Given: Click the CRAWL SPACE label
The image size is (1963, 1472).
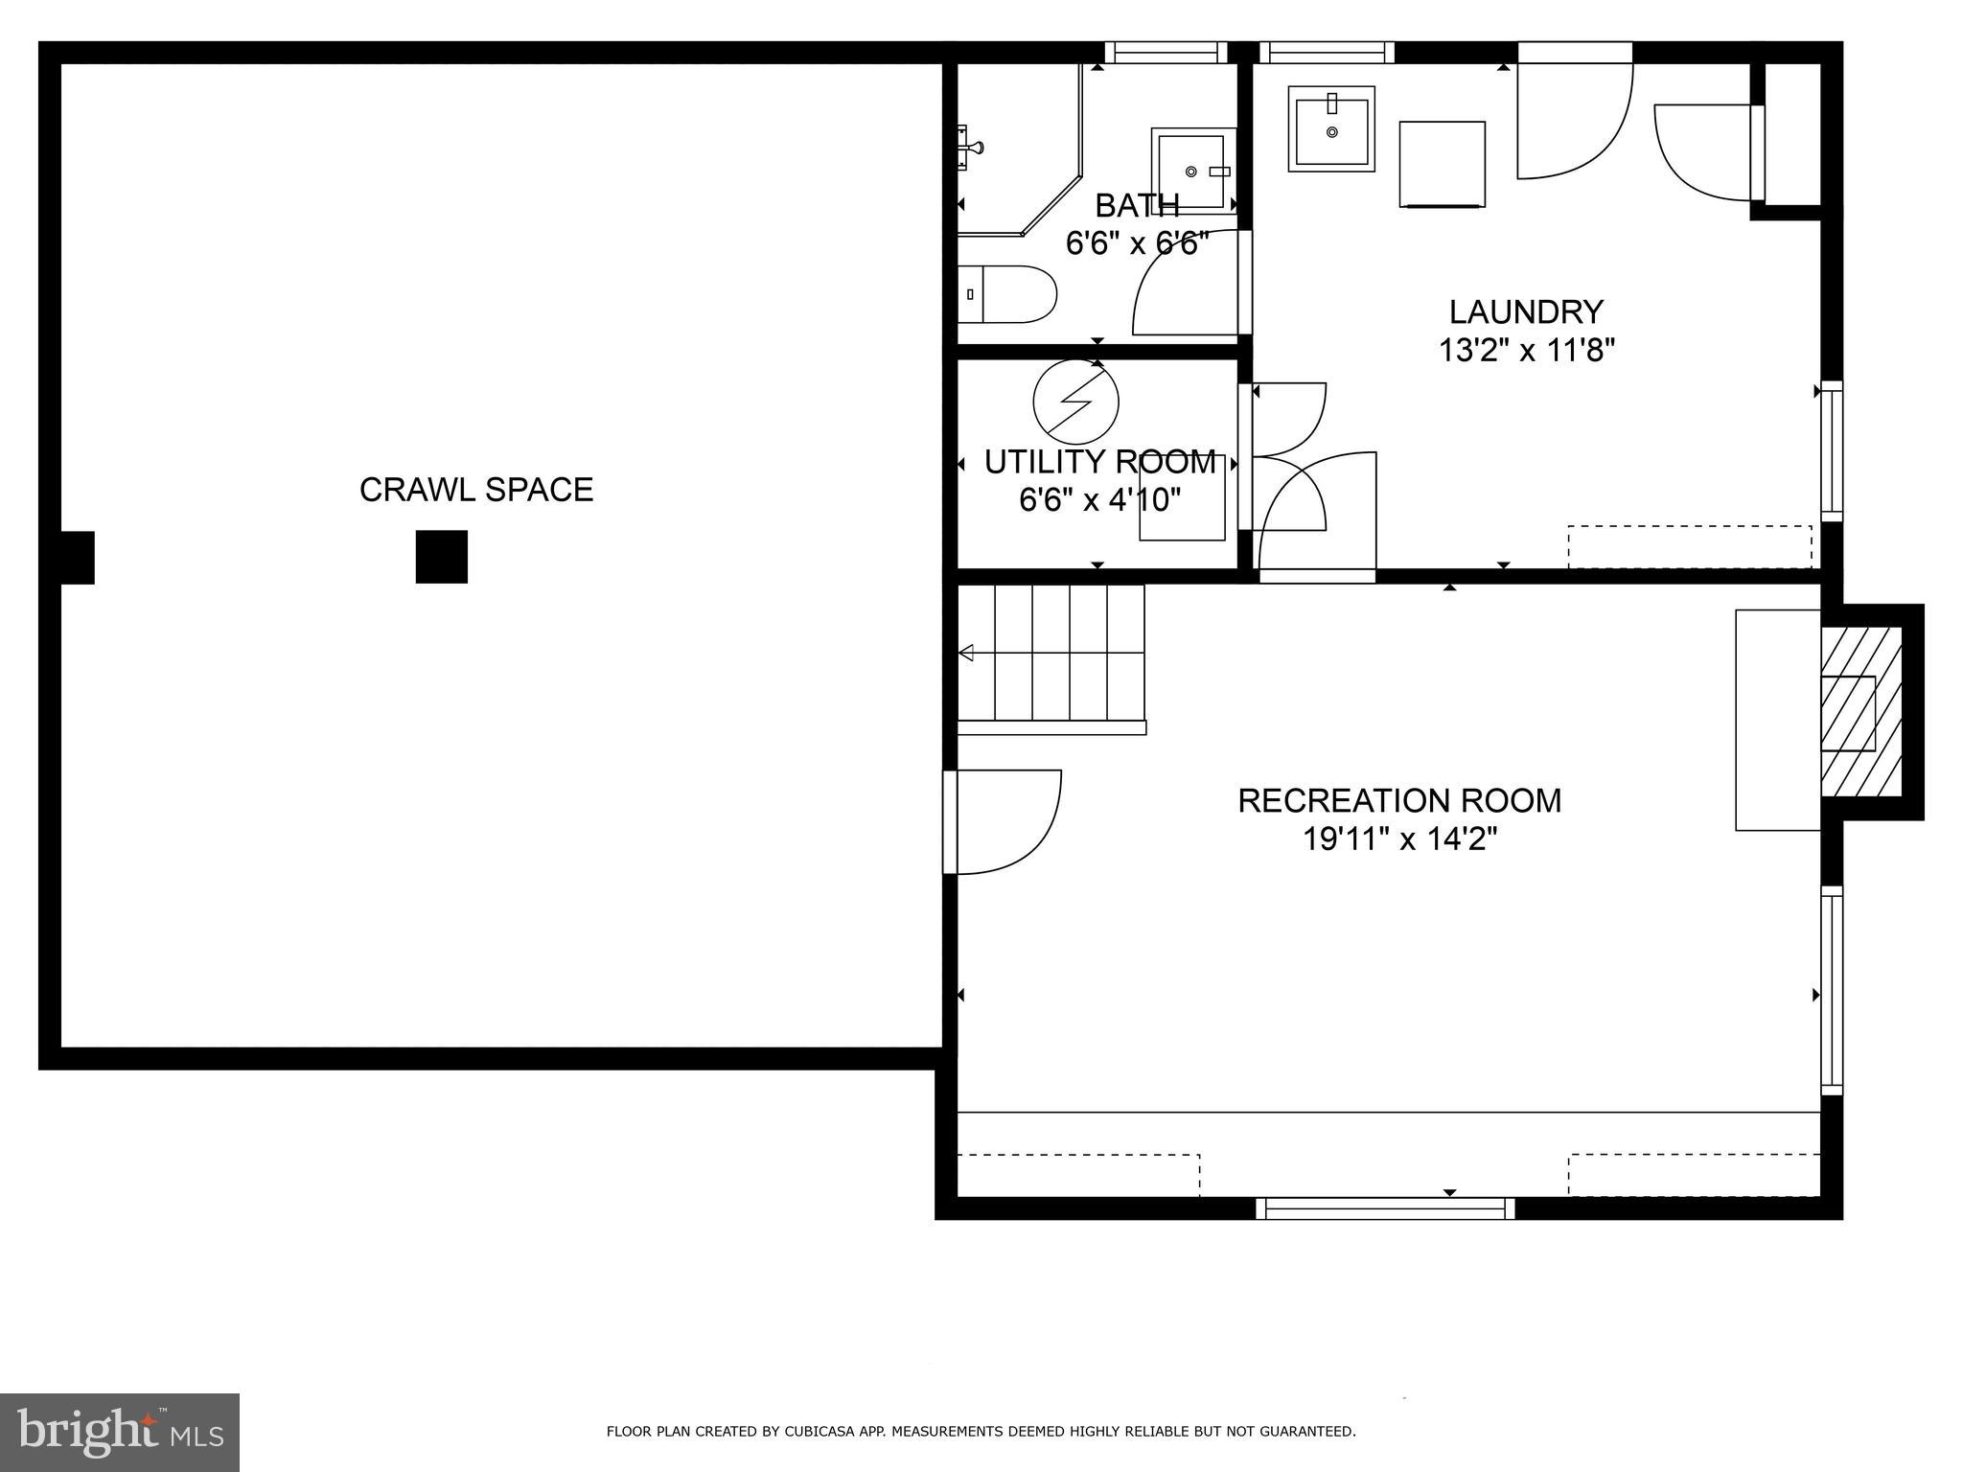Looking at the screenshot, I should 476,490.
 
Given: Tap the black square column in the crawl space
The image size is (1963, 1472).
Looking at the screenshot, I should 441,557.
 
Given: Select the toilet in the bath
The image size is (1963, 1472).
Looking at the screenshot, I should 1006,294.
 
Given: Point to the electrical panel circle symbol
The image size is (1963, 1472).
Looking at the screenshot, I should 1075,402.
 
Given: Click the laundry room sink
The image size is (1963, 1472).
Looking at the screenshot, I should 1331,128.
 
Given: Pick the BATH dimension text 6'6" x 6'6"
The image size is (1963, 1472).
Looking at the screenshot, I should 1137,243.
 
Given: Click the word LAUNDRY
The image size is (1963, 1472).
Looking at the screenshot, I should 1526,312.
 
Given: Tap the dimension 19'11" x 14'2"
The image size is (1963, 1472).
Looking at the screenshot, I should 1399,839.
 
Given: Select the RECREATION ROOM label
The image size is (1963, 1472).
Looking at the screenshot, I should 1399,800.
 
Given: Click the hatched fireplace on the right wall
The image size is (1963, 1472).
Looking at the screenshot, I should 1860,712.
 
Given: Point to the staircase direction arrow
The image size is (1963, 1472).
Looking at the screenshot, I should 967,654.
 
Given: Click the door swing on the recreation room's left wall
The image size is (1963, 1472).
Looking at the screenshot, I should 1006,822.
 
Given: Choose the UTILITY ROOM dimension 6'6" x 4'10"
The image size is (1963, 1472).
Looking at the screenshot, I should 1099,499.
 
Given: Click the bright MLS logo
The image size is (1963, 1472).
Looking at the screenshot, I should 120,1431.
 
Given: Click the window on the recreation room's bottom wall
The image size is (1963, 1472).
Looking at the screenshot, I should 1385,1208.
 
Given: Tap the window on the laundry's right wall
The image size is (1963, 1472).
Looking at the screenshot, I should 1831,451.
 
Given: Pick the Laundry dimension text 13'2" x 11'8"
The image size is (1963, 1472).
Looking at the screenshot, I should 1526,351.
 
